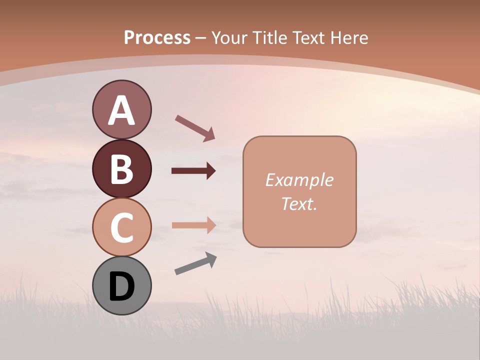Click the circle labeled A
(x=121, y=109)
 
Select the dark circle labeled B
(x=121, y=168)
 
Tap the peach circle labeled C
(x=121, y=227)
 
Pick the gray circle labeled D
(x=121, y=285)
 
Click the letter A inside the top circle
(x=121, y=110)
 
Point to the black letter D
(x=121, y=287)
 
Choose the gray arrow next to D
(x=195, y=264)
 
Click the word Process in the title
(x=157, y=37)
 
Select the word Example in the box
(x=299, y=180)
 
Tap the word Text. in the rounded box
(x=299, y=203)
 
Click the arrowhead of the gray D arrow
(x=210, y=259)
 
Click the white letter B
(x=121, y=169)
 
